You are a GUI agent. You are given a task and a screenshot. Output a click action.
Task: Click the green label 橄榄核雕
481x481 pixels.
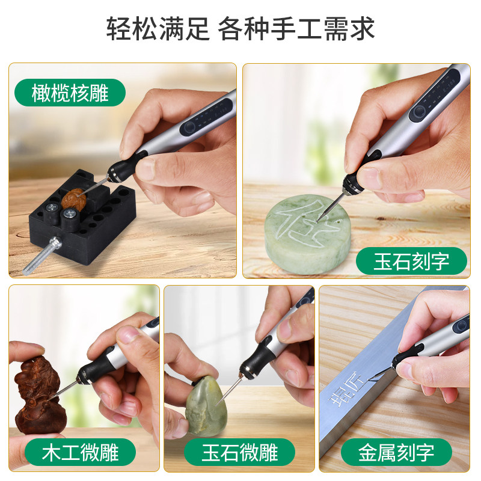point(70,93)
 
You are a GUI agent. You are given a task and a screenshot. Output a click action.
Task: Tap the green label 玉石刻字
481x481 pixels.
point(411,261)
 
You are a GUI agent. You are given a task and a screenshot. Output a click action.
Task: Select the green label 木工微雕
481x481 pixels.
point(80,452)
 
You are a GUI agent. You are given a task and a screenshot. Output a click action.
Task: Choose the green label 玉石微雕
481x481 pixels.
point(239,452)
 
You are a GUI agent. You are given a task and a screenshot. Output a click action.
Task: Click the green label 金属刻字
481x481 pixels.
point(396,452)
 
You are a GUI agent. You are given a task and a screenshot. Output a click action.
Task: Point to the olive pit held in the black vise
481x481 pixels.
point(73,200)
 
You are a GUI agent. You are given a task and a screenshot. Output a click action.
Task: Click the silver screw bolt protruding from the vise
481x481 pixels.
point(42,256)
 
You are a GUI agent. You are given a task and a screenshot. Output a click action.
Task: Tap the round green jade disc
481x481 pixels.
point(308,234)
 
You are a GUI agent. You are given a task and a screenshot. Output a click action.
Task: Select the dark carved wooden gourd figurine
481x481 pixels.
point(39,396)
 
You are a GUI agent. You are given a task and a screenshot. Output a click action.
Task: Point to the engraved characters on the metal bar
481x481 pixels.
point(347,390)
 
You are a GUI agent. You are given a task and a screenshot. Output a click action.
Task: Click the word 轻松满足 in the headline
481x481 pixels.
point(158,28)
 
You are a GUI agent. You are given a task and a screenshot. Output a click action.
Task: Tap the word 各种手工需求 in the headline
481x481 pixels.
point(296,28)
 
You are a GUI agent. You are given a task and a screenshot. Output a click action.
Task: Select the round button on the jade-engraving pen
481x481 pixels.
point(419,112)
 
